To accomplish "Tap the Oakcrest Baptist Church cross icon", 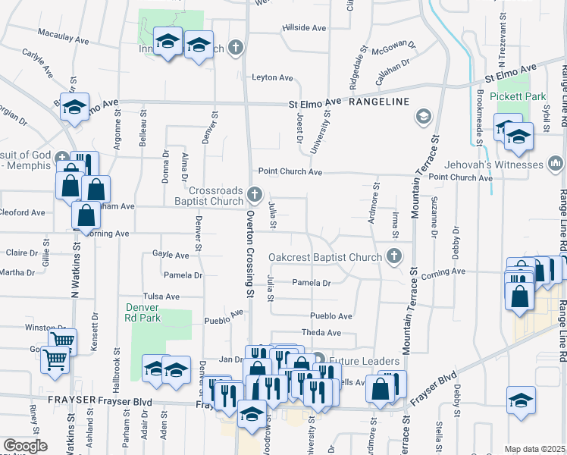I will click(393, 257).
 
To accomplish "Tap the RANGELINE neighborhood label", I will click(379, 102).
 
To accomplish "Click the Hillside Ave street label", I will click(304, 27).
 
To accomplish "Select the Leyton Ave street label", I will click(272, 77).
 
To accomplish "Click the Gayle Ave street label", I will click(171, 256).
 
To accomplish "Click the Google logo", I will click(25, 447).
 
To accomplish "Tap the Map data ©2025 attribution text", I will click(534, 449).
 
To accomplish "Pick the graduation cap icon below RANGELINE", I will click(423, 116).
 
